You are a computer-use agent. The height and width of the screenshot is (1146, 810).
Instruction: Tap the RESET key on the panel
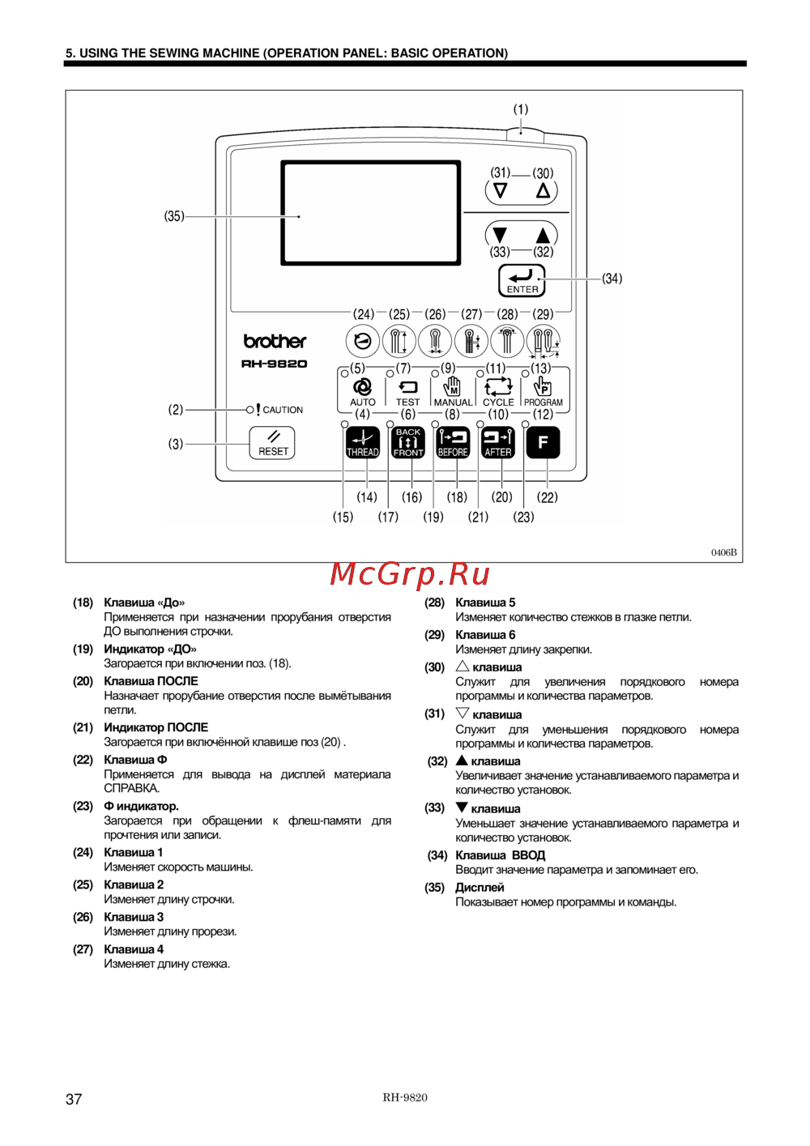(x=272, y=443)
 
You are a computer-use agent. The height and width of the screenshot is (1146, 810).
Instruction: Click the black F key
(x=543, y=442)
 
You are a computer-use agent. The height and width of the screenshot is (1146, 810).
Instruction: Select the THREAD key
(x=363, y=442)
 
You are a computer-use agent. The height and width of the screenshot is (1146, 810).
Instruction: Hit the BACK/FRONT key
(x=407, y=442)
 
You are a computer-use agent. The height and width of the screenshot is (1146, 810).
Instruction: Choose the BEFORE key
(x=453, y=442)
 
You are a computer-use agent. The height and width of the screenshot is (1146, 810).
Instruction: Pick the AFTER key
(x=498, y=442)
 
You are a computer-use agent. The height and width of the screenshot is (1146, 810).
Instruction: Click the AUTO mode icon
(x=363, y=387)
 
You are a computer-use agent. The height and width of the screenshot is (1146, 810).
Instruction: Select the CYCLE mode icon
(x=498, y=387)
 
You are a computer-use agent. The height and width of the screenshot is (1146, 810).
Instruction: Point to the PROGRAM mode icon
(x=543, y=386)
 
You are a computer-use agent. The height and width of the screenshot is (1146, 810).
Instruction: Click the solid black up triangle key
(x=543, y=236)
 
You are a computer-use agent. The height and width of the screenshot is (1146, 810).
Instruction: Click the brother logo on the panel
(x=275, y=341)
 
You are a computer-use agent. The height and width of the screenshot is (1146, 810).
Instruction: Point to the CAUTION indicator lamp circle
(x=249, y=410)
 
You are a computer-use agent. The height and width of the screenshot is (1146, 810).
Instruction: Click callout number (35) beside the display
(x=174, y=216)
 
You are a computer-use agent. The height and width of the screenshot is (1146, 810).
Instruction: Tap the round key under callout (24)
(x=363, y=341)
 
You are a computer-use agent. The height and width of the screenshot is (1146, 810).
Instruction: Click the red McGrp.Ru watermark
(x=410, y=574)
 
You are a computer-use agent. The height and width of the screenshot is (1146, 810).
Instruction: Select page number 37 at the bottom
(x=74, y=1099)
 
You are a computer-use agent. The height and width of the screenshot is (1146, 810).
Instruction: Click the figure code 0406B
(x=724, y=552)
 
